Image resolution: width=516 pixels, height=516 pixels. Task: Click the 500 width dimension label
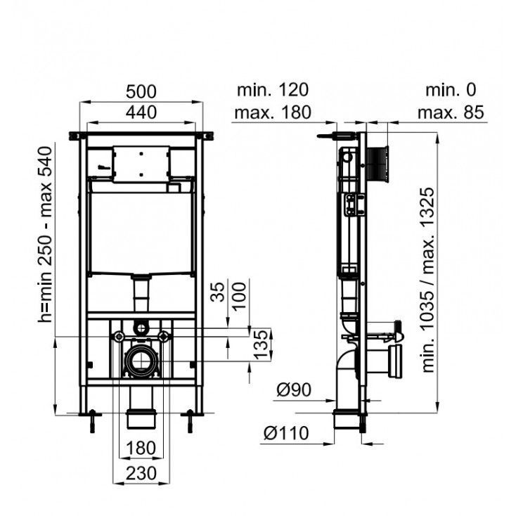pos(141,91)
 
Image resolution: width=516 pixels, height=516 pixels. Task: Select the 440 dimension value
pos(141,112)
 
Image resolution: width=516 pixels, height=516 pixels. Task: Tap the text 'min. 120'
pos(273,90)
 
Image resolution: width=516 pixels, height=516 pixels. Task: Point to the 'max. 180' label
pos(273,112)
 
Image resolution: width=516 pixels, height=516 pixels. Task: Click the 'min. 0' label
pos(451,90)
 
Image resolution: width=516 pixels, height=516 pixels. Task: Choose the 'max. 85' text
pos(451,112)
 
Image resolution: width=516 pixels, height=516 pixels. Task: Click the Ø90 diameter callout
pos(294,390)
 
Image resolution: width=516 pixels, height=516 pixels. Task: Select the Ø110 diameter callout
pos(286,433)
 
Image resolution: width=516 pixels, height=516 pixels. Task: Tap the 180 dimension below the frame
pos(141,448)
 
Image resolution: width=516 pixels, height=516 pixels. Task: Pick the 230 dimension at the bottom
pos(141,474)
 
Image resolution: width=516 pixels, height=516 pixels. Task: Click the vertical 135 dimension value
pos(261,344)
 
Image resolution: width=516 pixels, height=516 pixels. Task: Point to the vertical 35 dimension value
pos(217,292)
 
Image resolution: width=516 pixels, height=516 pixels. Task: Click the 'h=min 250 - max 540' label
pos(45,234)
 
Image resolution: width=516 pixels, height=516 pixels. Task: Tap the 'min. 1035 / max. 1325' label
pos(428,280)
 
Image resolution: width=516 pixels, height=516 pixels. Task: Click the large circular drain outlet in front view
pos(142,361)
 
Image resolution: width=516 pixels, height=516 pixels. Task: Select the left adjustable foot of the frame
pos(93,421)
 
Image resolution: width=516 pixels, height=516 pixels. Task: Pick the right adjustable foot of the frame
pos(190,421)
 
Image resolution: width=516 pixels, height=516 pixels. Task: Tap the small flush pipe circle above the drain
pos(141,328)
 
